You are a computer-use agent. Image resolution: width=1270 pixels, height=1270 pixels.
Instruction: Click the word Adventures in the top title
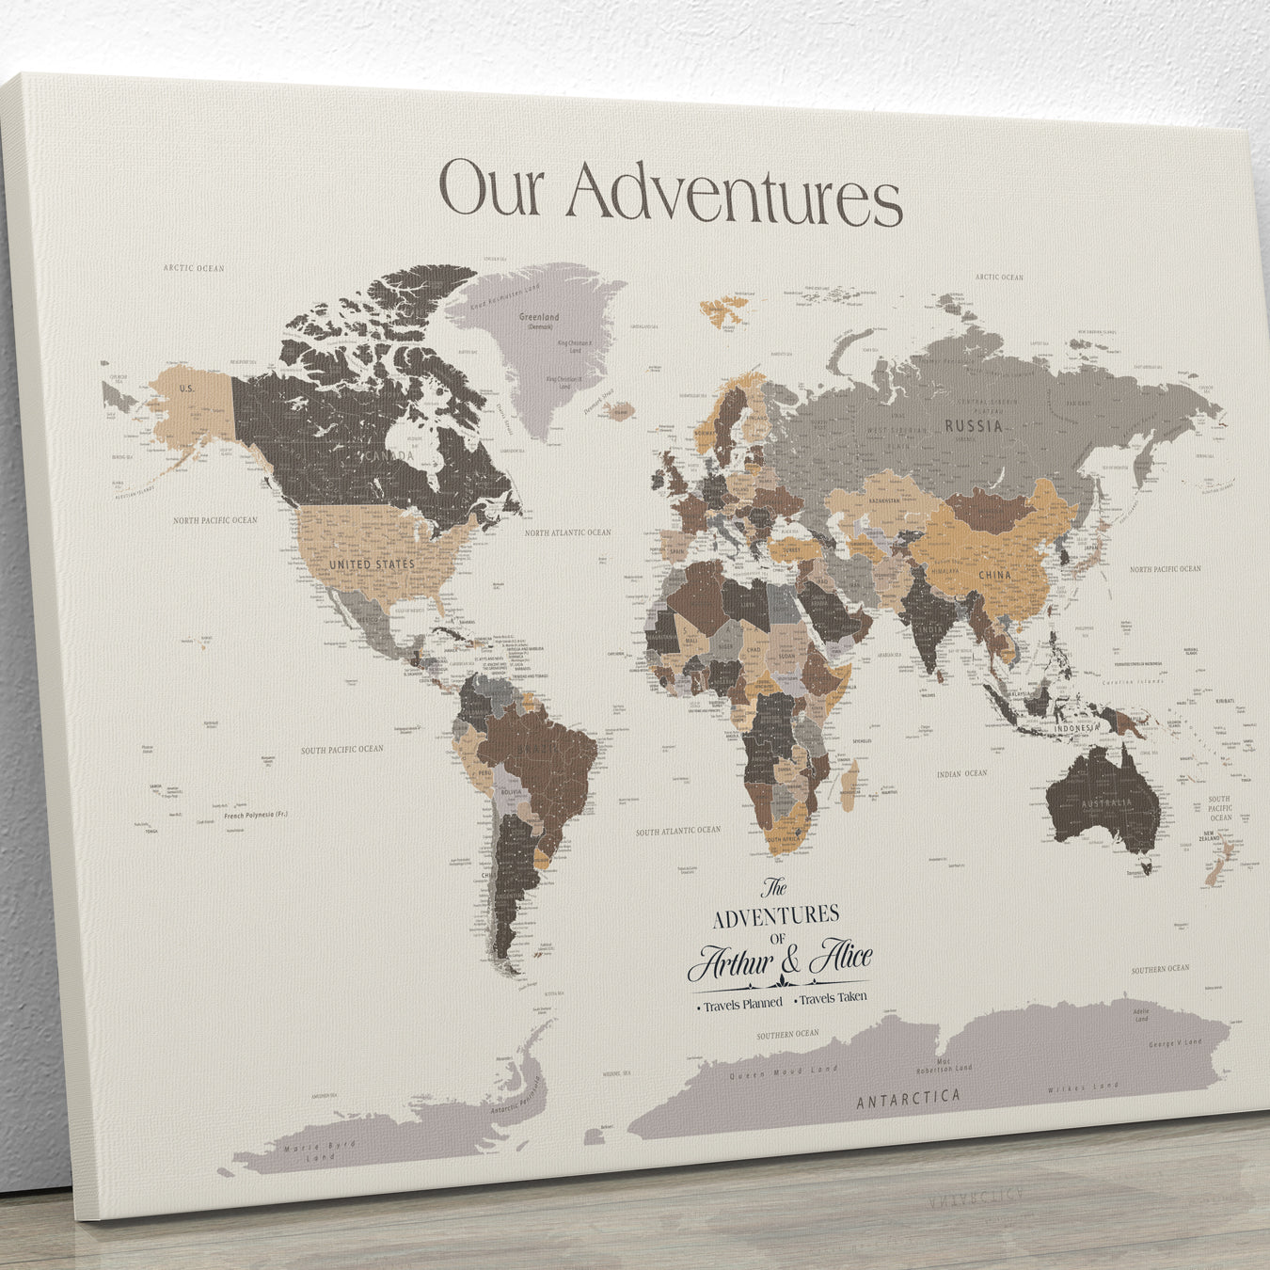point(734,195)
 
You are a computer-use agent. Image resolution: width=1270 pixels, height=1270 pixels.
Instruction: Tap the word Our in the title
point(492,188)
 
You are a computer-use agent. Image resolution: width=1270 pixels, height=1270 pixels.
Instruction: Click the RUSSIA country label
point(973,425)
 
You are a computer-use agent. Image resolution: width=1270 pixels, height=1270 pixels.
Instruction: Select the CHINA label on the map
point(994,574)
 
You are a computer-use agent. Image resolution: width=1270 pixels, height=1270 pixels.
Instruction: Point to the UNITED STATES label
point(372,564)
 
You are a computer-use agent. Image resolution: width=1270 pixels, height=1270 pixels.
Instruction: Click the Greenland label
point(539,318)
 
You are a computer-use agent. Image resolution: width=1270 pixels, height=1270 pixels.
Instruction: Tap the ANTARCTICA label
point(908,1097)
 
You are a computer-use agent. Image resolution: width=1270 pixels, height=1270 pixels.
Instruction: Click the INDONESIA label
point(1076,728)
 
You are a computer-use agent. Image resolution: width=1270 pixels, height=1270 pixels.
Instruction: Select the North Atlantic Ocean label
point(567,532)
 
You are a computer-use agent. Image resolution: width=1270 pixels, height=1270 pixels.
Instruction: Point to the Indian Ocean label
point(961,773)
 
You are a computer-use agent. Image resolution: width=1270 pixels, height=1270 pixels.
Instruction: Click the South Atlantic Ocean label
point(677,831)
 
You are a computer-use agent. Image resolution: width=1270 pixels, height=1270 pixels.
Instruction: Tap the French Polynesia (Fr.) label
point(256,814)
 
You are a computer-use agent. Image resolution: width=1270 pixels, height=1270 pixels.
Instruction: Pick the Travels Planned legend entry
point(741,1004)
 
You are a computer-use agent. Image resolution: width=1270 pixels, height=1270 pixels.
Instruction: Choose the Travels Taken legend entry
point(833,998)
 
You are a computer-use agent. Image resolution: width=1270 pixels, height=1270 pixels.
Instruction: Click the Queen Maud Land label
point(784,1072)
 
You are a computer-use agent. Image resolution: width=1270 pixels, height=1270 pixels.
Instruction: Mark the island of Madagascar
point(850,785)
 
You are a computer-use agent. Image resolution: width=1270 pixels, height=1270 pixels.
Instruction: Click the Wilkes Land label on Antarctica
point(1083,1087)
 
